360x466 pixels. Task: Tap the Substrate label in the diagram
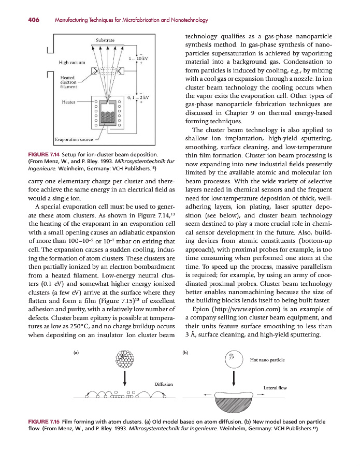(x=106, y=40)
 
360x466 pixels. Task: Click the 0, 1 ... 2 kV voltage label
(x=138, y=97)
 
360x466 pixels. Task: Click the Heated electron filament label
(x=68, y=82)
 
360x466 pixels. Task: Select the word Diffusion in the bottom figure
(x=164, y=384)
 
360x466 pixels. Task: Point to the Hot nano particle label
(x=267, y=360)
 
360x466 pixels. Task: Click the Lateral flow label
(x=275, y=387)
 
